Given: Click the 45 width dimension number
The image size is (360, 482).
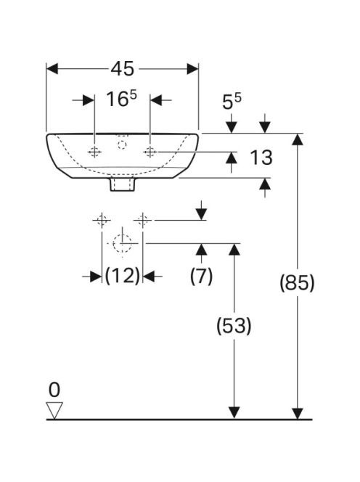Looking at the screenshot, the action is pos(123,68).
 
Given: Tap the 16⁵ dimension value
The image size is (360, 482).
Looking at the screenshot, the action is pos(122,99).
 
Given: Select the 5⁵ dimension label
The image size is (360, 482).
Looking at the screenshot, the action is pos(232,102).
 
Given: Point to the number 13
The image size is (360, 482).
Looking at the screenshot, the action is pos(261,158).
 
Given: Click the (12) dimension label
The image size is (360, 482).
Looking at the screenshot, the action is pos(123,275).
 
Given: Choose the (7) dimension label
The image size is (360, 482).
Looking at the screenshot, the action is pos(201,275).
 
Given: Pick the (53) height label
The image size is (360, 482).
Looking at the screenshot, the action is pos(234,325).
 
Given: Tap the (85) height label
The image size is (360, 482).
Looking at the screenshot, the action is pos(297,282).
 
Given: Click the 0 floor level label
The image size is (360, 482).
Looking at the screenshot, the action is pos(54,390).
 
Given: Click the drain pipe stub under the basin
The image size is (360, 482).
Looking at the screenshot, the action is pos(123,184).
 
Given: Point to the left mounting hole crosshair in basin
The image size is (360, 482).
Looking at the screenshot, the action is pos(94,152).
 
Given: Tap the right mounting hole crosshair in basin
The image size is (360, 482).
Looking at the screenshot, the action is pos(150,152).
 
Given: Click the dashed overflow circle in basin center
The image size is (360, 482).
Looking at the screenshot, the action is pos(122,144).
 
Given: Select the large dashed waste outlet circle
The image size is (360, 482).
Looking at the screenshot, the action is pos(122,243).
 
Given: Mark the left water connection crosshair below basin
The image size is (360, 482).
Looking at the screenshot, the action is pos(102,220).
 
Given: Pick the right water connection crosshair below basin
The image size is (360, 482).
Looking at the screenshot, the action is pos(143,220).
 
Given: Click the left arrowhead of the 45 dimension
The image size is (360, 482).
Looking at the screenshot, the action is pos(52,69).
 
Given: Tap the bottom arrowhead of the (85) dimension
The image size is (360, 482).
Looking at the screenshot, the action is pos(298,413).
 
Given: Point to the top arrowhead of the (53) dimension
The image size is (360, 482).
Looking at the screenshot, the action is pos(234,249).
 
